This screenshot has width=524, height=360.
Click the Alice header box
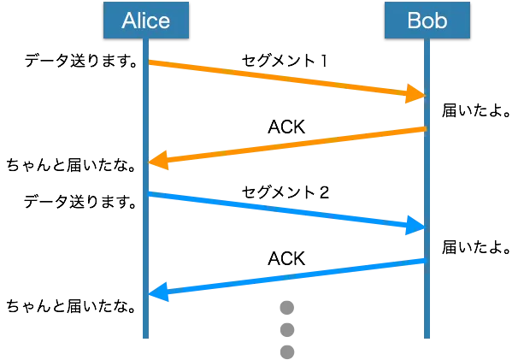tap(145, 20)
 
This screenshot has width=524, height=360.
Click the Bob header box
tap(427, 20)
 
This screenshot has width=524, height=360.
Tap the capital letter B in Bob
tap(415, 20)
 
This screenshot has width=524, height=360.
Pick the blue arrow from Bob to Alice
tap(286, 277)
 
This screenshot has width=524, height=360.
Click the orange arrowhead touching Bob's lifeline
tap(416, 94)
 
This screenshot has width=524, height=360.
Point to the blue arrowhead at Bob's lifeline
tap(416, 227)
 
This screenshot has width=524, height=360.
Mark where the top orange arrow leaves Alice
tap(150, 62)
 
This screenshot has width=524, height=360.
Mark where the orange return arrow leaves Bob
tap(424, 129)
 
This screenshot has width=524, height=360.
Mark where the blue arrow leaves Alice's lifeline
tap(150, 194)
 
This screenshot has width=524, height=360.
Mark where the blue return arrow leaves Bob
tap(424, 261)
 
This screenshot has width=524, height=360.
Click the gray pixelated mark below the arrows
tap(286, 327)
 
